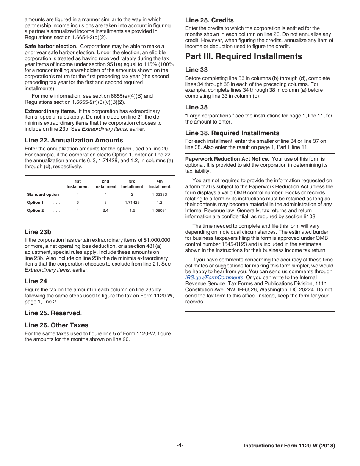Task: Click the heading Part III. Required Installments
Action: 243,56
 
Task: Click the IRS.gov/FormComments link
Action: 214,278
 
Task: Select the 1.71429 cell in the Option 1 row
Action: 132,202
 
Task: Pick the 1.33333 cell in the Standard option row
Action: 160,194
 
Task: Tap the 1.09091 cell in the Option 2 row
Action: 160,210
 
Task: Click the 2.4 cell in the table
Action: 105,210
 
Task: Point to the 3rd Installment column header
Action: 132,184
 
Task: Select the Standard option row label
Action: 43,194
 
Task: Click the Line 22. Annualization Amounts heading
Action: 74,140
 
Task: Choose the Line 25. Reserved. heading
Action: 53,313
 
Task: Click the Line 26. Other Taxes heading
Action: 56,325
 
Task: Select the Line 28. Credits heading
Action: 209,20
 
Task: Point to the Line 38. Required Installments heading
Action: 232,133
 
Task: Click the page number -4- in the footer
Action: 180,446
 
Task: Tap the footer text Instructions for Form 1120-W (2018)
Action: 289,446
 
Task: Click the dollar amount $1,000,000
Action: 157,240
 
